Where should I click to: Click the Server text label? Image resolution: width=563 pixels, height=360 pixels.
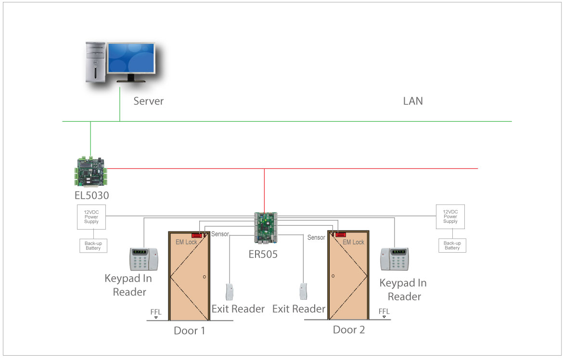148,101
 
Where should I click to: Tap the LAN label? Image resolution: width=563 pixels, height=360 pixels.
413,101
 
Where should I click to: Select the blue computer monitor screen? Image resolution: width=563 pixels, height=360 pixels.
131,58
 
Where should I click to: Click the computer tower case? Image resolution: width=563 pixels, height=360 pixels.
95,63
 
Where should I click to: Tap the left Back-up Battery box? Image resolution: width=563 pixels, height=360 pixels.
93,245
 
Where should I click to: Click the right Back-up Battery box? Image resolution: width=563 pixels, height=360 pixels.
452,245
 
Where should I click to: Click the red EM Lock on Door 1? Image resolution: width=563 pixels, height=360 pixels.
196,235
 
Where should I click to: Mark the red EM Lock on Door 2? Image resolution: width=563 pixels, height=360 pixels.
341,235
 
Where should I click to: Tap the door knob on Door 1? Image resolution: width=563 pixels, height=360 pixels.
205,277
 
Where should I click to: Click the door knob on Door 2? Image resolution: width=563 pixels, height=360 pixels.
332,276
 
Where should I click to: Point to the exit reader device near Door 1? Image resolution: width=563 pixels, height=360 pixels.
230,292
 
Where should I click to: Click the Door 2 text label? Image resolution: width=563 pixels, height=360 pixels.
349,330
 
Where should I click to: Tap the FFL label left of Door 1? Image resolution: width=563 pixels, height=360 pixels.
155,312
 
